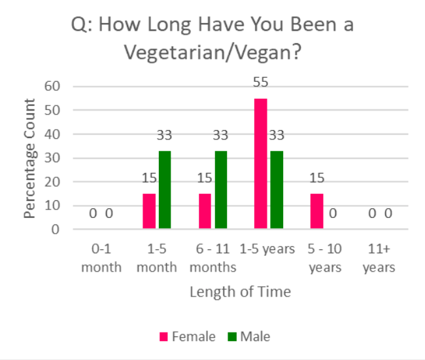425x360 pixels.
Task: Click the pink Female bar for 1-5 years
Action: (x=260, y=164)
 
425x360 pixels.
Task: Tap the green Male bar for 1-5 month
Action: (x=164, y=190)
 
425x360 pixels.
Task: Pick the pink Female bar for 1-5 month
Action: (x=149, y=211)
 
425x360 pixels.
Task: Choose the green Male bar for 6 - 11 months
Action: (x=221, y=190)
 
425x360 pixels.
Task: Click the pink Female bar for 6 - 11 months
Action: (x=205, y=211)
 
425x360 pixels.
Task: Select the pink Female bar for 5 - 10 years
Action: (x=316, y=211)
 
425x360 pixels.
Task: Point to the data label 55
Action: (x=260, y=83)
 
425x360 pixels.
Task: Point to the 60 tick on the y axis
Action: (x=52, y=86)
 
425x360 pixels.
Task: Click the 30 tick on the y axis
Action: (x=52, y=158)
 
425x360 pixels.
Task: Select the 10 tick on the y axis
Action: (x=52, y=206)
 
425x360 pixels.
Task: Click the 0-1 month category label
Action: (x=101, y=258)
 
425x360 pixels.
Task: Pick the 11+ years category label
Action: (x=379, y=258)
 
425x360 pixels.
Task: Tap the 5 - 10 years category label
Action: (x=326, y=258)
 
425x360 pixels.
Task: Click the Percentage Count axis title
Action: (x=30, y=158)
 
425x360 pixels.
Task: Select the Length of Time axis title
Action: (x=240, y=292)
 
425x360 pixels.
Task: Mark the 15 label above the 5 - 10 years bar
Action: (x=316, y=178)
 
